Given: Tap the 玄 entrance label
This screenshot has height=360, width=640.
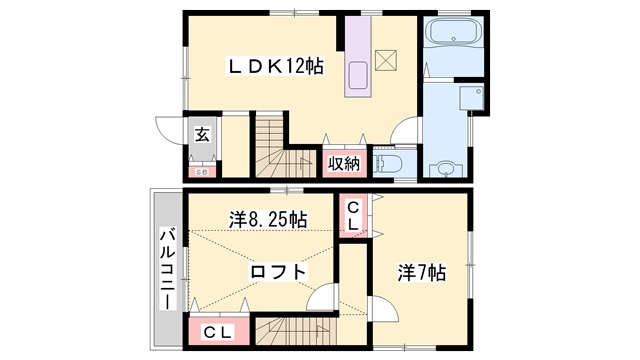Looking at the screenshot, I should (x=202, y=135).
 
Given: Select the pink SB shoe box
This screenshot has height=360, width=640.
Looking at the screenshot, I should (x=201, y=171).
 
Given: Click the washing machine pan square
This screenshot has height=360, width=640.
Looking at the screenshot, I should (x=466, y=97).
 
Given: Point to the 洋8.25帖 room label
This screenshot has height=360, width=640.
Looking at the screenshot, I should (x=267, y=219).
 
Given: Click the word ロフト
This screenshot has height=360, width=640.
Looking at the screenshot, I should (x=277, y=271).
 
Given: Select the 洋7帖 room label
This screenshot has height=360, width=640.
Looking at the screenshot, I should (x=422, y=271).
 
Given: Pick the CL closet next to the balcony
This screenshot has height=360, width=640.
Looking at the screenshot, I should (x=218, y=332).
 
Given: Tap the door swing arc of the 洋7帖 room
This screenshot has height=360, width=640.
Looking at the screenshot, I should (x=322, y=298).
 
